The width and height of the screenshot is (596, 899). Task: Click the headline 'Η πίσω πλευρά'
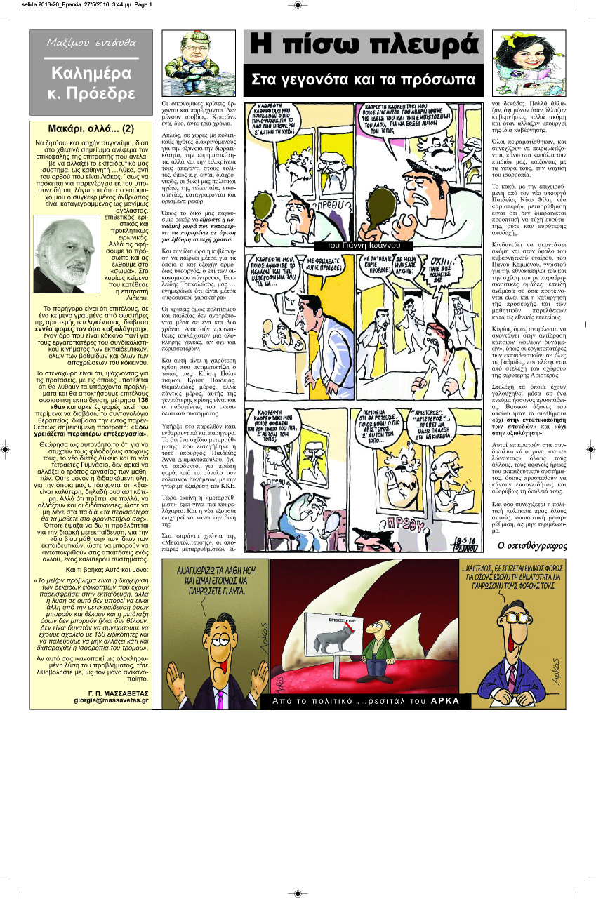click(363, 46)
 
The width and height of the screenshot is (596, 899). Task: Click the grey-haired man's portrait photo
click(67, 264)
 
